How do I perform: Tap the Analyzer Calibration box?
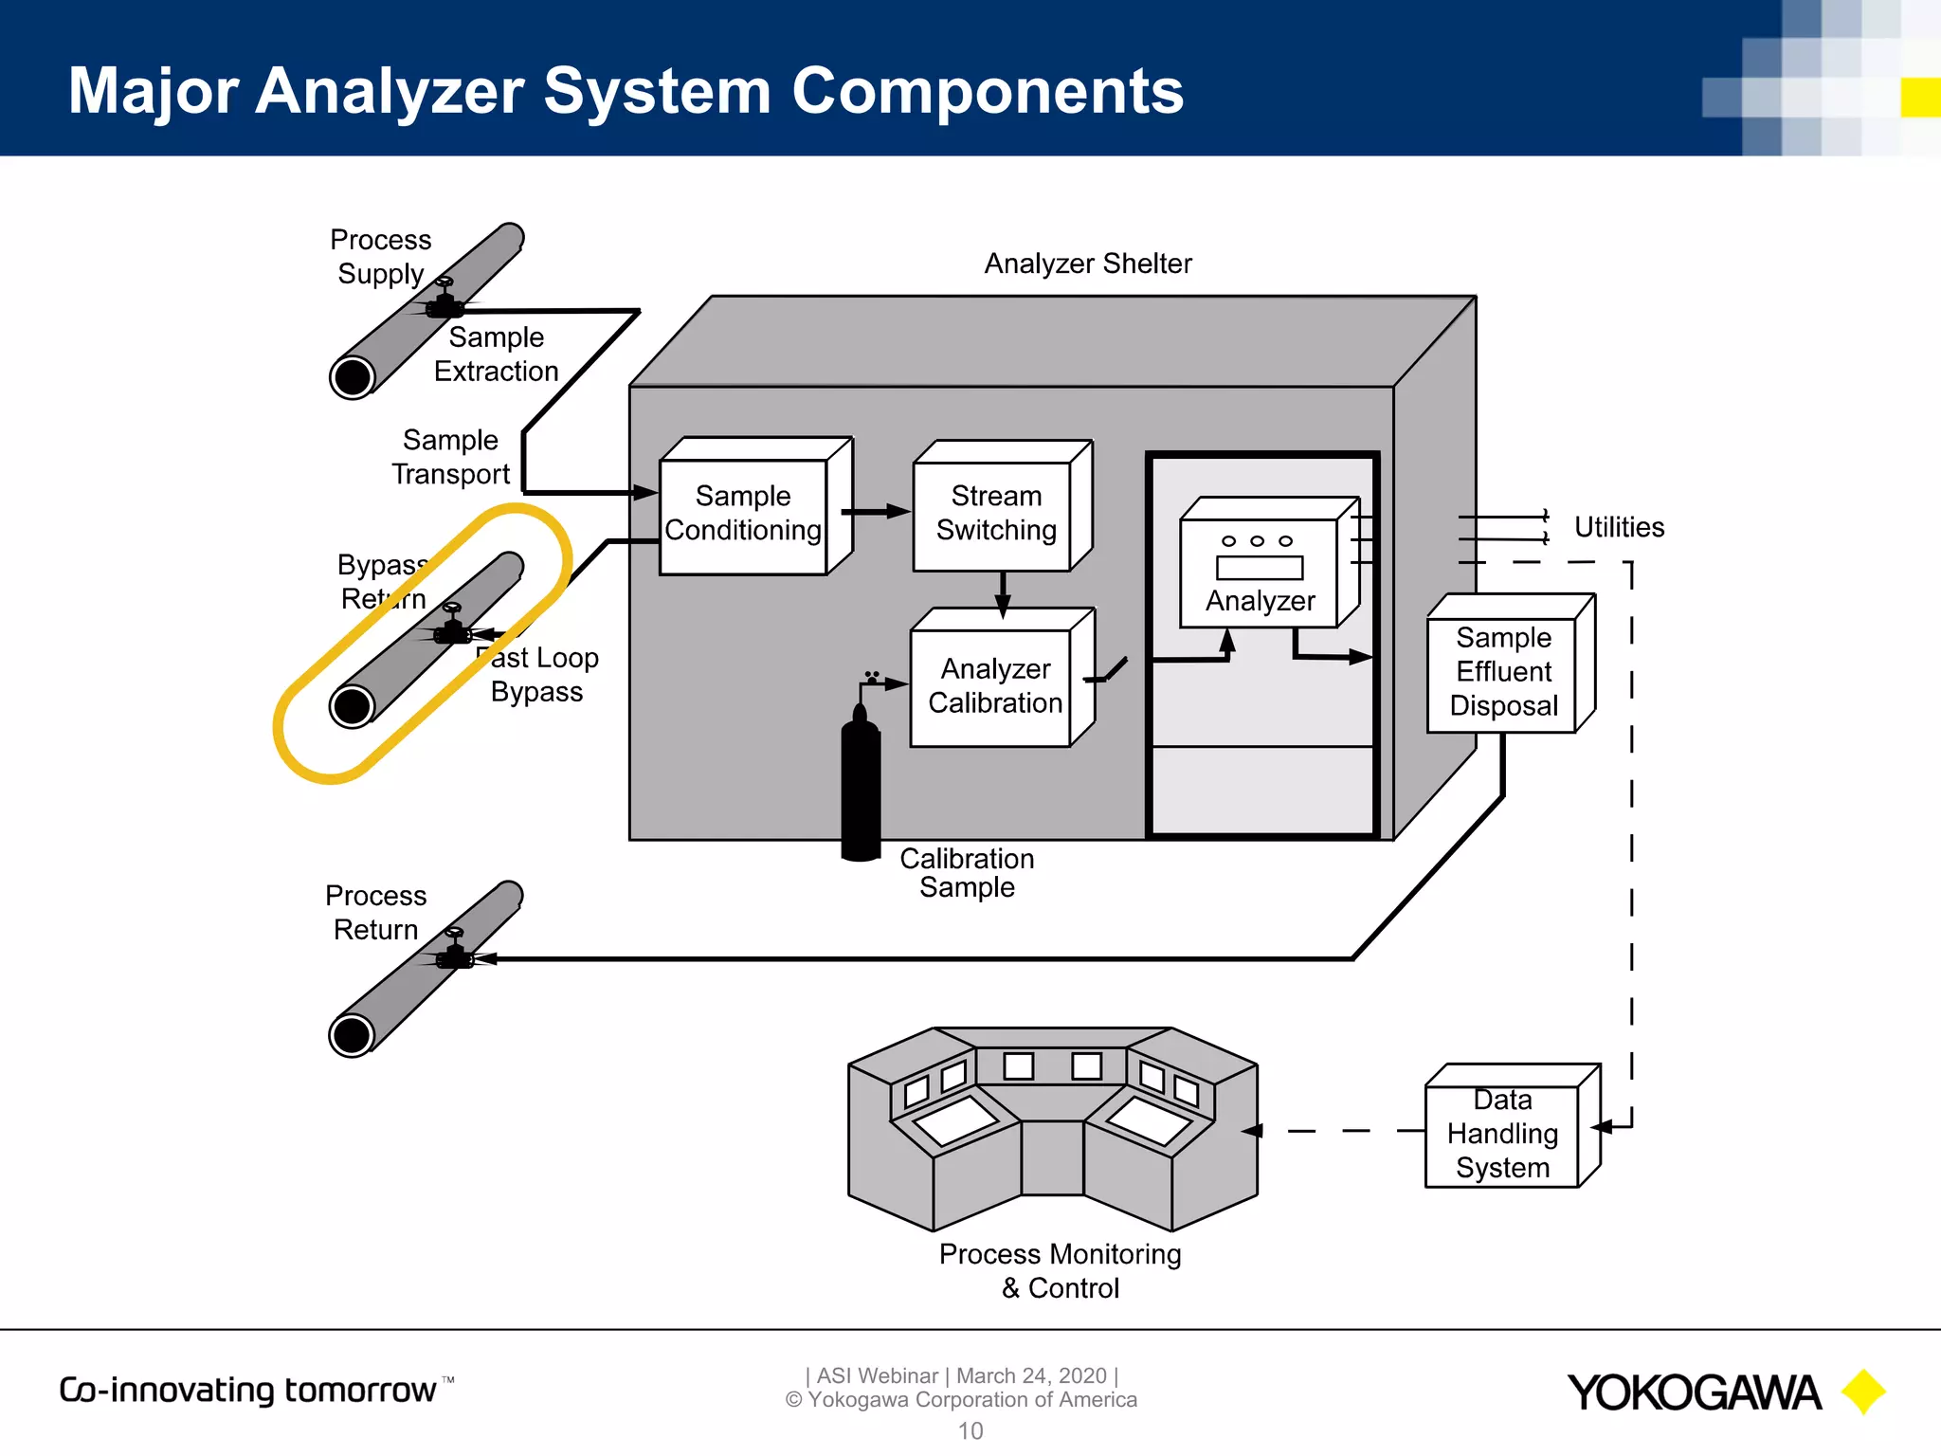click(x=992, y=686)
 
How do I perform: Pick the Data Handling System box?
click(x=1502, y=1135)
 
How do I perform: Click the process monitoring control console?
click(x=1052, y=1128)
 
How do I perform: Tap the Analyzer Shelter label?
click(x=1087, y=264)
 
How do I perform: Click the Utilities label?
click(x=1618, y=527)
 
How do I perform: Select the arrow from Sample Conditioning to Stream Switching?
click(x=876, y=512)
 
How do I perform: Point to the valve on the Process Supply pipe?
click(x=444, y=300)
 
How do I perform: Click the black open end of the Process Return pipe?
click(x=352, y=1035)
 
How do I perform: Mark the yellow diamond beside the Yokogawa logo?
click(x=1863, y=1392)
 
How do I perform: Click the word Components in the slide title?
click(x=987, y=91)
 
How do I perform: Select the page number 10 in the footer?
click(x=970, y=1430)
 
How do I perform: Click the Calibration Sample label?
click(x=966, y=872)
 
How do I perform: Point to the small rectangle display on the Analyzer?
click(x=1259, y=568)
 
